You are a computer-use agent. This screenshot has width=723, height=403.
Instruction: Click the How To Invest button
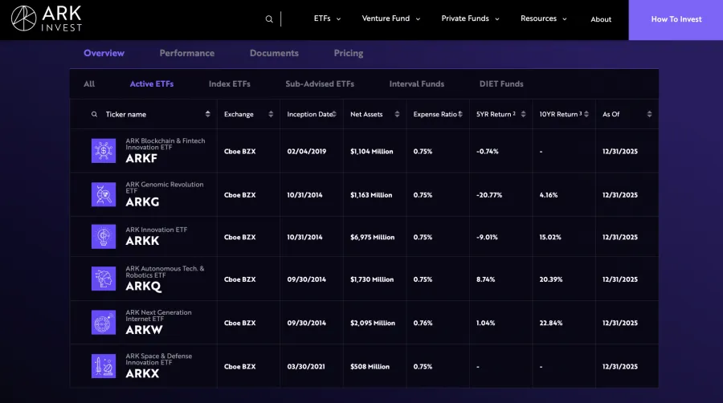[676, 19]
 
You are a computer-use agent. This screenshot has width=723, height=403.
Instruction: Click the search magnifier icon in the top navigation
[269, 19]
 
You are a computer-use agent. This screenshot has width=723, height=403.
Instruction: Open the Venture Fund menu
[390, 18]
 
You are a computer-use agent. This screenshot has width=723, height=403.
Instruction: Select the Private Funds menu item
[469, 18]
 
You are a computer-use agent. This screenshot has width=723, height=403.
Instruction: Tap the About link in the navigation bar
[601, 19]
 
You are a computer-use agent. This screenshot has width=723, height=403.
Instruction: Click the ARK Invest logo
[47, 18]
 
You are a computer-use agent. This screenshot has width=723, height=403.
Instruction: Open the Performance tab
[186, 53]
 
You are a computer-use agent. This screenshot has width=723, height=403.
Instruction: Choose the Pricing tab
[348, 53]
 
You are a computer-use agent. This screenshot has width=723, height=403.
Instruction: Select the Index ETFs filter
[229, 83]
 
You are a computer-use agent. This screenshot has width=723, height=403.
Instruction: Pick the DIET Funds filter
[501, 83]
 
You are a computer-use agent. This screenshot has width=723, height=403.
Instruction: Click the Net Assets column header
[366, 114]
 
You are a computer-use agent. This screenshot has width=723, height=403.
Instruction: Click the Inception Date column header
[309, 114]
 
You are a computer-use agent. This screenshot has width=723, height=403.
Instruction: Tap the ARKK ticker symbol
[142, 241]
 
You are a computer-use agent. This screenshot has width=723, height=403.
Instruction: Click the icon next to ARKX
[104, 366]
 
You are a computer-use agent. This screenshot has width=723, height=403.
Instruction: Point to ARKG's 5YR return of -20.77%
[489, 194]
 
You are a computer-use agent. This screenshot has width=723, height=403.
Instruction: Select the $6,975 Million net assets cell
[372, 237]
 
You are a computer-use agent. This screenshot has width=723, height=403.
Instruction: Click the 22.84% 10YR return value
[550, 323]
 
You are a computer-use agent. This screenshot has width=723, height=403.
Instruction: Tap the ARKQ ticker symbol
[143, 285]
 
